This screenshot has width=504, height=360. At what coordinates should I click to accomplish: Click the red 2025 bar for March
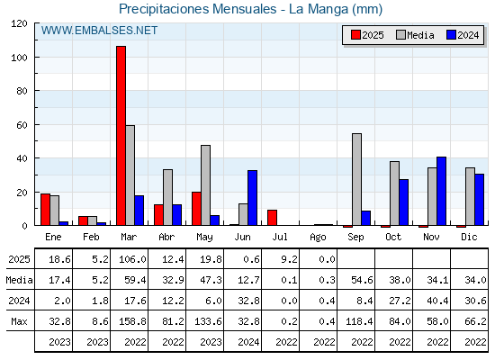pos(121,136)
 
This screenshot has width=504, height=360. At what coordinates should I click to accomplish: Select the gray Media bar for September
pos(356,179)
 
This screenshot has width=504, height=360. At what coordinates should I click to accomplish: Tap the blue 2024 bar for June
pos(252,198)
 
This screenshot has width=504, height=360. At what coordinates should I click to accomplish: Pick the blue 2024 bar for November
pos(441,191)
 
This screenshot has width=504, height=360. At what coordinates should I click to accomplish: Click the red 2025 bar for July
pos(272,218)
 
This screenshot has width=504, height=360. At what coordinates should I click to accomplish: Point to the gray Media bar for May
pos(206,185)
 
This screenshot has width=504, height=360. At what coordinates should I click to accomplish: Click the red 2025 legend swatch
pos(355,35)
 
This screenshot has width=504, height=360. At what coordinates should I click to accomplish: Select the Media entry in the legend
pos(415,35)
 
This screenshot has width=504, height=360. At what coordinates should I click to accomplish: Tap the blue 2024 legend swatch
pos(451,35)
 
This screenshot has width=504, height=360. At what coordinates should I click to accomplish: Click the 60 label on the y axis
pos(22,125)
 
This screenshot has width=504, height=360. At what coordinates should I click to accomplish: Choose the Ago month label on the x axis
pos(318,238)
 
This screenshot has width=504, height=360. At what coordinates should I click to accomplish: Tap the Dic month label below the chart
pos(469,237)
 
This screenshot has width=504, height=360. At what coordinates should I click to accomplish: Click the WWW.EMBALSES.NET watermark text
pos(99,31)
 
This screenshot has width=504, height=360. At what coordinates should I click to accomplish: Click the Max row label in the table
pos(19,321)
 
